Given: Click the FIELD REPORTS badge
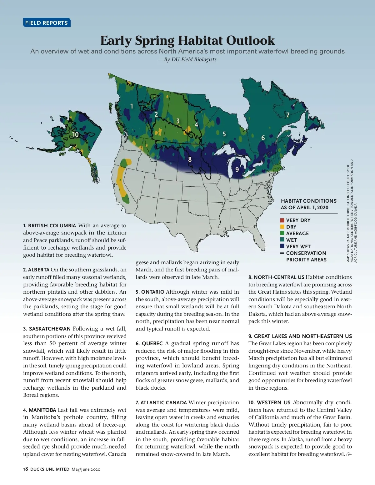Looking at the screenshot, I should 47,23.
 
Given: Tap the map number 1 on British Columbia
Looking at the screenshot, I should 132,106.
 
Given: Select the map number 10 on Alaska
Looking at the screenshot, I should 76,134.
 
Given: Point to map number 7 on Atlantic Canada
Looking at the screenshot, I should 288,115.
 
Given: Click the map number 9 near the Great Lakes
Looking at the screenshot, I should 237,169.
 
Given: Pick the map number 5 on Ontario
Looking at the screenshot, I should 224,134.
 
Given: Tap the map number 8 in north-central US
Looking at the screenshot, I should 190,159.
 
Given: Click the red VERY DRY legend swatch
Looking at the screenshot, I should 282,220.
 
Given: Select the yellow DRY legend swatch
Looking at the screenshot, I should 282,227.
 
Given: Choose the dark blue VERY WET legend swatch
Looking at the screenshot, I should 282,246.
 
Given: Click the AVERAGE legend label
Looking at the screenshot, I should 297,233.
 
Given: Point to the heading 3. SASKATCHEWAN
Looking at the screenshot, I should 47,329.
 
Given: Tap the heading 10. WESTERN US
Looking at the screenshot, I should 269,402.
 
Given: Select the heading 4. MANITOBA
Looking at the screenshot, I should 40,410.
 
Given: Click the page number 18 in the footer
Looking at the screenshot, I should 26,469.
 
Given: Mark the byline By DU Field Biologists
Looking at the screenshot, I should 187,59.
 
